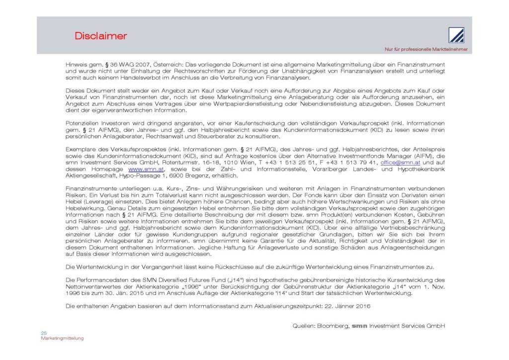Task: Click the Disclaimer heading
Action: click(101, 36)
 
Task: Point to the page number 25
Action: click(43, 333)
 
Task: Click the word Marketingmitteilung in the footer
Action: click(62, 338)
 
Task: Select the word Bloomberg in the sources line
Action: click(333, 326)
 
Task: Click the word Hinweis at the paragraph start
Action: click(76, 65)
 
